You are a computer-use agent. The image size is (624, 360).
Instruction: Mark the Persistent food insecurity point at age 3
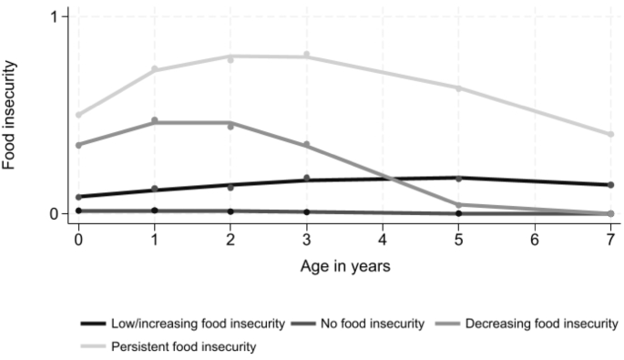(307, 56)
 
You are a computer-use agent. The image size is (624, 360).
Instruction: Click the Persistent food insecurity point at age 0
(79, 115)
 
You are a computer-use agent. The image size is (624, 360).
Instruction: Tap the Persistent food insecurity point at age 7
(610, 134)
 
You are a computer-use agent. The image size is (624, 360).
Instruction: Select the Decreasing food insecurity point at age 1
(155, 120)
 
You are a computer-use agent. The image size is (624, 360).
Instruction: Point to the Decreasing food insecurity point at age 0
(79, 145)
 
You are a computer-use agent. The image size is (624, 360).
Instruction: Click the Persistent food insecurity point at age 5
(459, 88)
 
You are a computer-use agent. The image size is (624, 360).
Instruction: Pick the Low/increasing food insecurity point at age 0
(79, 197)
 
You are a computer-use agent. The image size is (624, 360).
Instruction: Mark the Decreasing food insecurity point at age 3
(307, 145)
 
